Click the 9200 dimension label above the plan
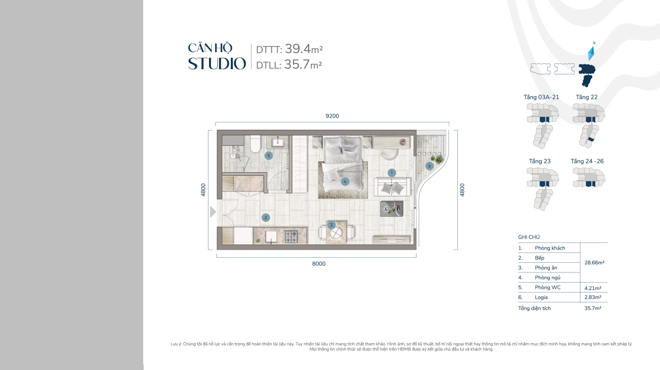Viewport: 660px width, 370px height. [x=332, y=116]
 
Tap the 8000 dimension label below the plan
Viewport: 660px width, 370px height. [x=319, y=264]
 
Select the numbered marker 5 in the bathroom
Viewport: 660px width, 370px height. [x=268, y=156]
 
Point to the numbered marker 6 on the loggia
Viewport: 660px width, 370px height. [x=429, y=166]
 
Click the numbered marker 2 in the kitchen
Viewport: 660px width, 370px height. [x=265, y=217]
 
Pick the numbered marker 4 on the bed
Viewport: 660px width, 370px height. [x=345, y=182]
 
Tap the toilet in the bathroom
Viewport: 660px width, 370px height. [x=255, y=144]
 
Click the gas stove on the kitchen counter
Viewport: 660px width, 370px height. [x=291, y=236]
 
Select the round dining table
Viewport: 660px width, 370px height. [x=337, y=233]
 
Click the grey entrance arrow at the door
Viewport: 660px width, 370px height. [x=212, y=212]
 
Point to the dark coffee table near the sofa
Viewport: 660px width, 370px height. [x=392, y=209]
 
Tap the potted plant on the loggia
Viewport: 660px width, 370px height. [x=438, y=159]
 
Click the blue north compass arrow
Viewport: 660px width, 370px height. [x=591, y=53]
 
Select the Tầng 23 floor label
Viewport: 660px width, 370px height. [x=540, y=161]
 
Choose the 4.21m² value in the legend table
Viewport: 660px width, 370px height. [x=593, y=288]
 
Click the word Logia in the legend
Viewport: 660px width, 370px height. [x=541, y=297]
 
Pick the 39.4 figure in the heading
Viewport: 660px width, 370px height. [x=298, y=49]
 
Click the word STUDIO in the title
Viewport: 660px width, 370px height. [x=217, y=63]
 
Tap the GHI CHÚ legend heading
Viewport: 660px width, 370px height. [x=529, y=237]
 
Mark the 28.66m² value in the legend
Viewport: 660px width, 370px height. [x=594, y=262]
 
